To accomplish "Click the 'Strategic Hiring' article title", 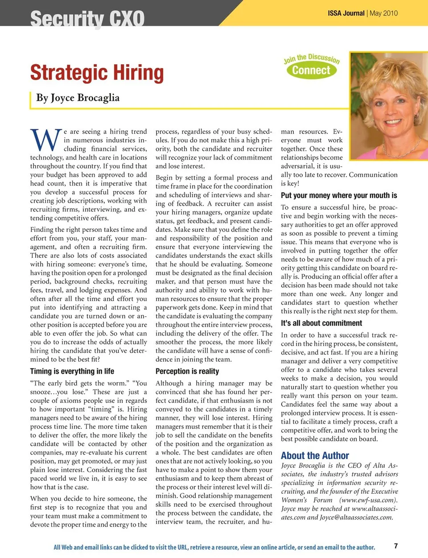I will pyautogui.click(x=97, y=73).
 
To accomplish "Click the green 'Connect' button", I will pyautogui.click(x=311, y=70).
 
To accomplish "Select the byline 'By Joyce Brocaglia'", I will pyautogui.click(x=78, y=98).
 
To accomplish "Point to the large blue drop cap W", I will pyautogui.click(x=45, y=140).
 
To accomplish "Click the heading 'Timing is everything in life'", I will pyautogui.click(x=72, y=371).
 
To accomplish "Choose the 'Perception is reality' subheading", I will pyautogui.click(x=187, y=371).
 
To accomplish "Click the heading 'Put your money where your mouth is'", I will pyautogui.click(x=339, y=195).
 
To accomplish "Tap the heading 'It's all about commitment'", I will pyautogui.click(x=321, y=323).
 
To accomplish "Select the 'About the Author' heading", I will pyautogui.click(x=315, y=455).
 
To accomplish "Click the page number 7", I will pyautogui.click(x=396, y=546).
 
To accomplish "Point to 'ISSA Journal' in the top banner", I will pyautogui.click(x=346, y=13).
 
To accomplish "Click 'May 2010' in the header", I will pyautogui.click(x=384, y=13).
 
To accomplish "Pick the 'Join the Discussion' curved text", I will pyautogui.click(x=312, y=58).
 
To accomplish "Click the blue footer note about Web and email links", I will pyautogui.click(x=214, y=547).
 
